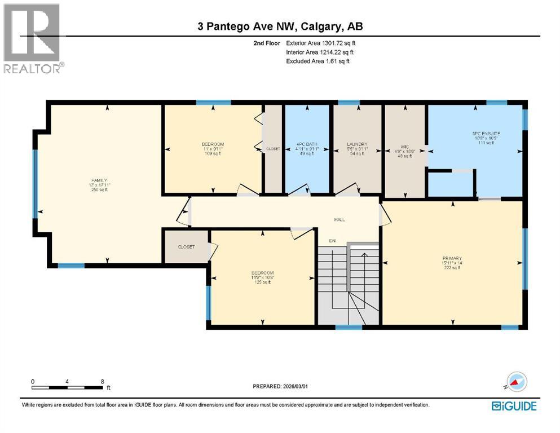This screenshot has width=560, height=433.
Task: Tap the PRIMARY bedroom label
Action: [x=452, y=258]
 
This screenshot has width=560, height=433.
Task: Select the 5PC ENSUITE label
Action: [x=486, y=134]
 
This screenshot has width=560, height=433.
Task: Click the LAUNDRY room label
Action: [x=358, y=144]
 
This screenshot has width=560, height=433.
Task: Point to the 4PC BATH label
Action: [x=307, y=144]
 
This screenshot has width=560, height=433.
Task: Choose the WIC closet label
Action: [x=404, y=150]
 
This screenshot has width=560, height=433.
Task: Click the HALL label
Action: [x=339, y=220]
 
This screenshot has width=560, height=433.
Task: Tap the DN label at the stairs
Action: [x=333, y=241]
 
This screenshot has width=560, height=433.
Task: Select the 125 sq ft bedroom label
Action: [x=262, y=273]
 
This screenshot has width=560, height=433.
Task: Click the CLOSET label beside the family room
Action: [x=186, y=247]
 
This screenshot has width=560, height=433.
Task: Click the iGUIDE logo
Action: [x=514, y=405]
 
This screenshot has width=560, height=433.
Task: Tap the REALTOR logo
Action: [x=32, y=38]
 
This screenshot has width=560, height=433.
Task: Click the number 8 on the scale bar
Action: [x=102, y=382]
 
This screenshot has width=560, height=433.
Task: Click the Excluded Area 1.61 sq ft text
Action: [x=318, y=61]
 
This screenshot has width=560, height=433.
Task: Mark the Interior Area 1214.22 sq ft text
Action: [x=320, y=52]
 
